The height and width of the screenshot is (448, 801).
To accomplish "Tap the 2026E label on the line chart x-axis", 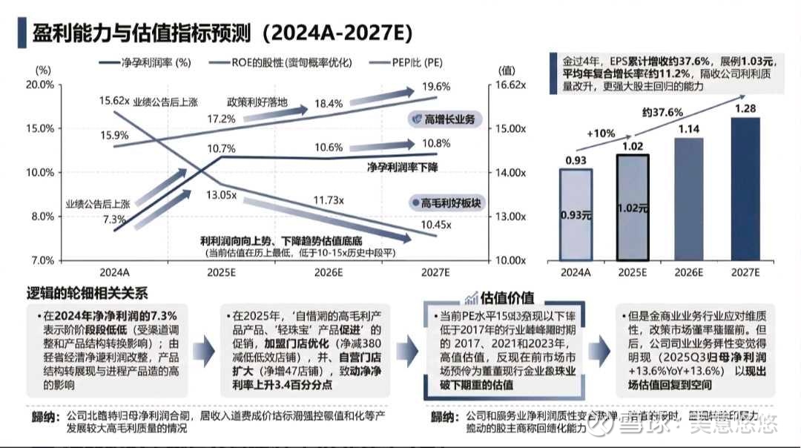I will (x=328, y=273).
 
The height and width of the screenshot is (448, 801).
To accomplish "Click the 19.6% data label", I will (x=435, y=88).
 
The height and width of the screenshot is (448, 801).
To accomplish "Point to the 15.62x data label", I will (x=115, y=100).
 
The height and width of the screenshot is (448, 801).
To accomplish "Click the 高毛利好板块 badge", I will (x=446, y=202).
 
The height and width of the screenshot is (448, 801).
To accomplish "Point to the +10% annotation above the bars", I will (x=601, y=134).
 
